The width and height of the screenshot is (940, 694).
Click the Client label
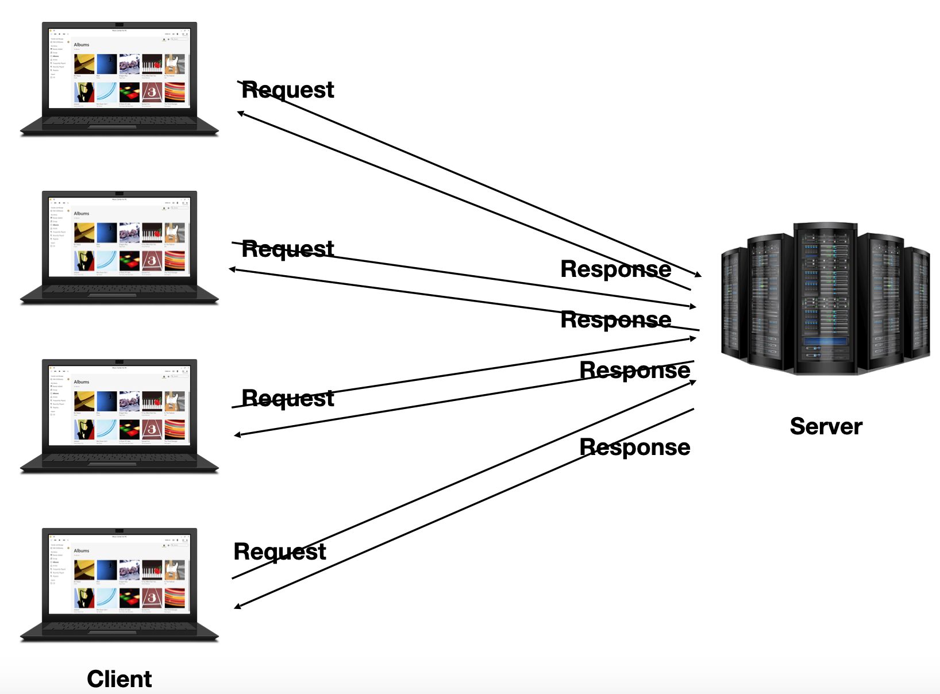click(119, 678)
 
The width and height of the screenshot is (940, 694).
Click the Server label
click(826, 426)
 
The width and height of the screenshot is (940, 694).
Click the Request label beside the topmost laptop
click(288, 90)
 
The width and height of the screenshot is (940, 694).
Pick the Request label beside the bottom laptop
click(280, 552)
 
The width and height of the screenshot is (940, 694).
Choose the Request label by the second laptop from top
click(288, 249)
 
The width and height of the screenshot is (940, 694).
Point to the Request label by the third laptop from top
click(288, 398)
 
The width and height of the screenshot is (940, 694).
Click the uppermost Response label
click(616, 269)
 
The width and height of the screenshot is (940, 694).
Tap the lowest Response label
click(635, 447)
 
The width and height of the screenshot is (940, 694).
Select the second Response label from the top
click(616, 319)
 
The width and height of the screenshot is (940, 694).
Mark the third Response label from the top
click(635, 371)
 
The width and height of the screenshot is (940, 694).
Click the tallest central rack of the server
click(825, 299)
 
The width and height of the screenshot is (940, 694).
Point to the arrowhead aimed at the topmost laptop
click(241, 113)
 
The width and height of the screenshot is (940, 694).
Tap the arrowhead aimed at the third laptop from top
click(237, 435)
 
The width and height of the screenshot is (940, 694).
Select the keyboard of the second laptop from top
click(119, 290)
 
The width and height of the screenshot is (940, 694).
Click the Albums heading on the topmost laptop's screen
click(82, 45)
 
